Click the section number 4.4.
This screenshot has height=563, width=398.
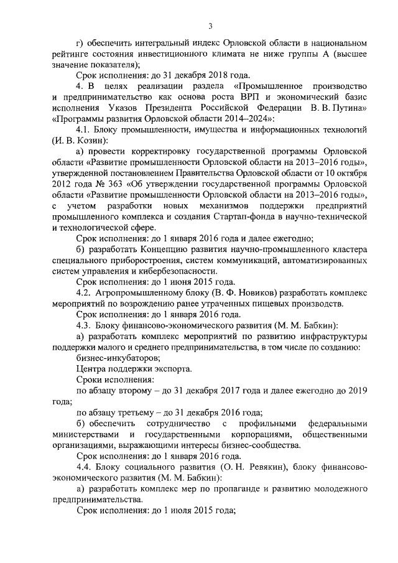coord(85,467)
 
